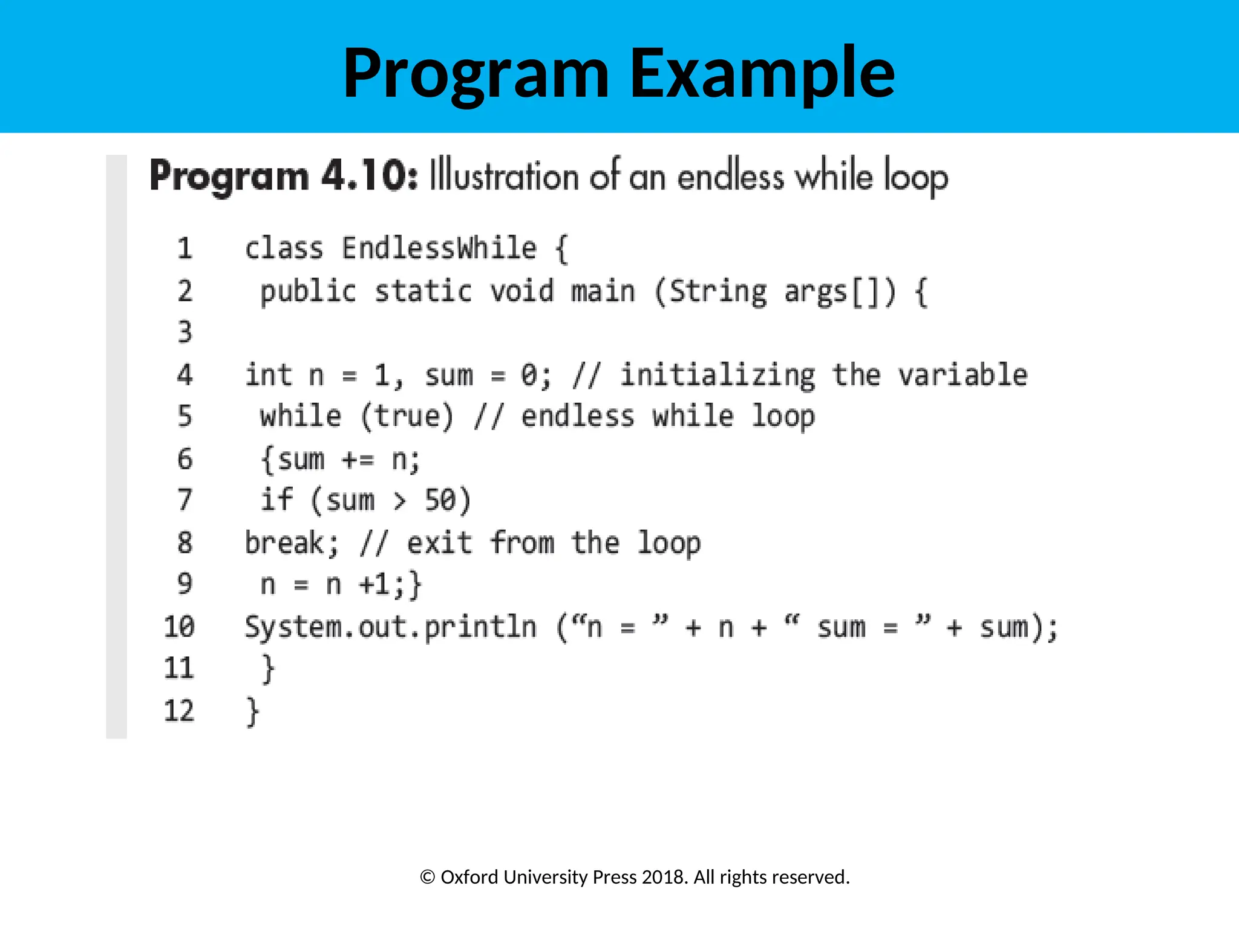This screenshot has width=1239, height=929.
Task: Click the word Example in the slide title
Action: (x=762, y=74)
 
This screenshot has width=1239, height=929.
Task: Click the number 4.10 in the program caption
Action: (x=369, y=176)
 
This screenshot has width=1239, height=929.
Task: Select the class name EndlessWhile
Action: (x=439, y=249)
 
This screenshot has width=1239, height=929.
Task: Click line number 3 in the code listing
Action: (x=185, y=332)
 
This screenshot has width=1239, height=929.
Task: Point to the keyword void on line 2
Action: (x=521, y=292)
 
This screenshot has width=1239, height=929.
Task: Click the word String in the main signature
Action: (x=718, y=292)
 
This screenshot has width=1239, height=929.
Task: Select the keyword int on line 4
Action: (x=269, y=375)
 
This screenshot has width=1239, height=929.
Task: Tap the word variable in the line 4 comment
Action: (x=963, y=375)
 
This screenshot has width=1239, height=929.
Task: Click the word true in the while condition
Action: (x=407, y=417)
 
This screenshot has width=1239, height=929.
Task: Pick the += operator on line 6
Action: (x=358, y=460)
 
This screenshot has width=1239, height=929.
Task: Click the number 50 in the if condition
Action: (x=439, y=501)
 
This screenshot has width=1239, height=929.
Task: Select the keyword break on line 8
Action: (x=284, y=543)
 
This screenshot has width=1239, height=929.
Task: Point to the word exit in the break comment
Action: (x=439, y=543)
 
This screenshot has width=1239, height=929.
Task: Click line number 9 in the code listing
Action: (x=185, y=584)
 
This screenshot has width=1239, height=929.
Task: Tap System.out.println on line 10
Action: (x=390, y=627)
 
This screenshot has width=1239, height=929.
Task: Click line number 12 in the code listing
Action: (x=179, y=711)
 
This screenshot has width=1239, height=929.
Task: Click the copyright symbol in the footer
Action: (x=427, y=877)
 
